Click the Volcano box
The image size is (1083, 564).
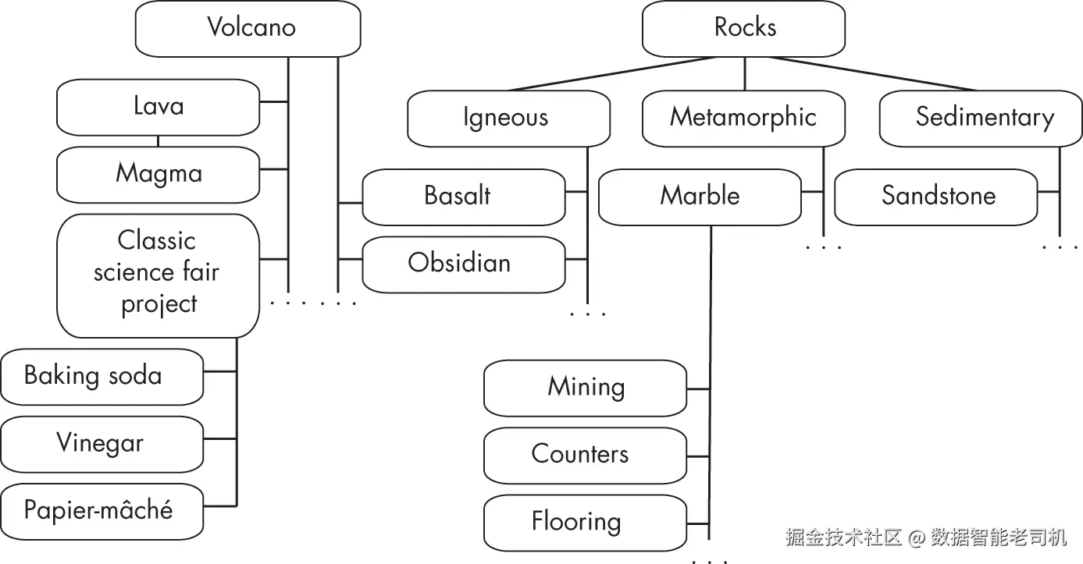(x=248, y=29)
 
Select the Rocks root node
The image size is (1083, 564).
(x=743, y=29)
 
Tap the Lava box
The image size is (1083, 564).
(x=158, y=107)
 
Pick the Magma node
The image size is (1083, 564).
(x=158, y=175)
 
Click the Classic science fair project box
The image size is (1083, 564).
(x=158, y=275)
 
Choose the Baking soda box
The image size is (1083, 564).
(x=102, y=377)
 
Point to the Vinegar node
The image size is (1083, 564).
(x=102, y=444)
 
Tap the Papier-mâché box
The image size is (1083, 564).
(x=102, y=512)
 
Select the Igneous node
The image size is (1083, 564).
(x=508, y=119)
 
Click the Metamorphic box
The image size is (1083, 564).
(x=743, y=119)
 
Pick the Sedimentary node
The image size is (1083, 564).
(x=981, y=119)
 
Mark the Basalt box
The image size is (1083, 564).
(x=464, y=197)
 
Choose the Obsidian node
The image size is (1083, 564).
(x=464, y=264)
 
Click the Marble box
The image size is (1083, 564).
(x=700, y=197)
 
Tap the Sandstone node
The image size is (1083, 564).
(x=936, y=197)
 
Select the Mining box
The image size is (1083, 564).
(x=585, y=388)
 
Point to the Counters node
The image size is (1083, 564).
(x=585, y=456)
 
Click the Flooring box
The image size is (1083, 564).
(x=585, y=523)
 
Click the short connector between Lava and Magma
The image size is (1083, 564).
(x=158, y=141)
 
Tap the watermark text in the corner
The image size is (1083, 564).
(x=926, y=537)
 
